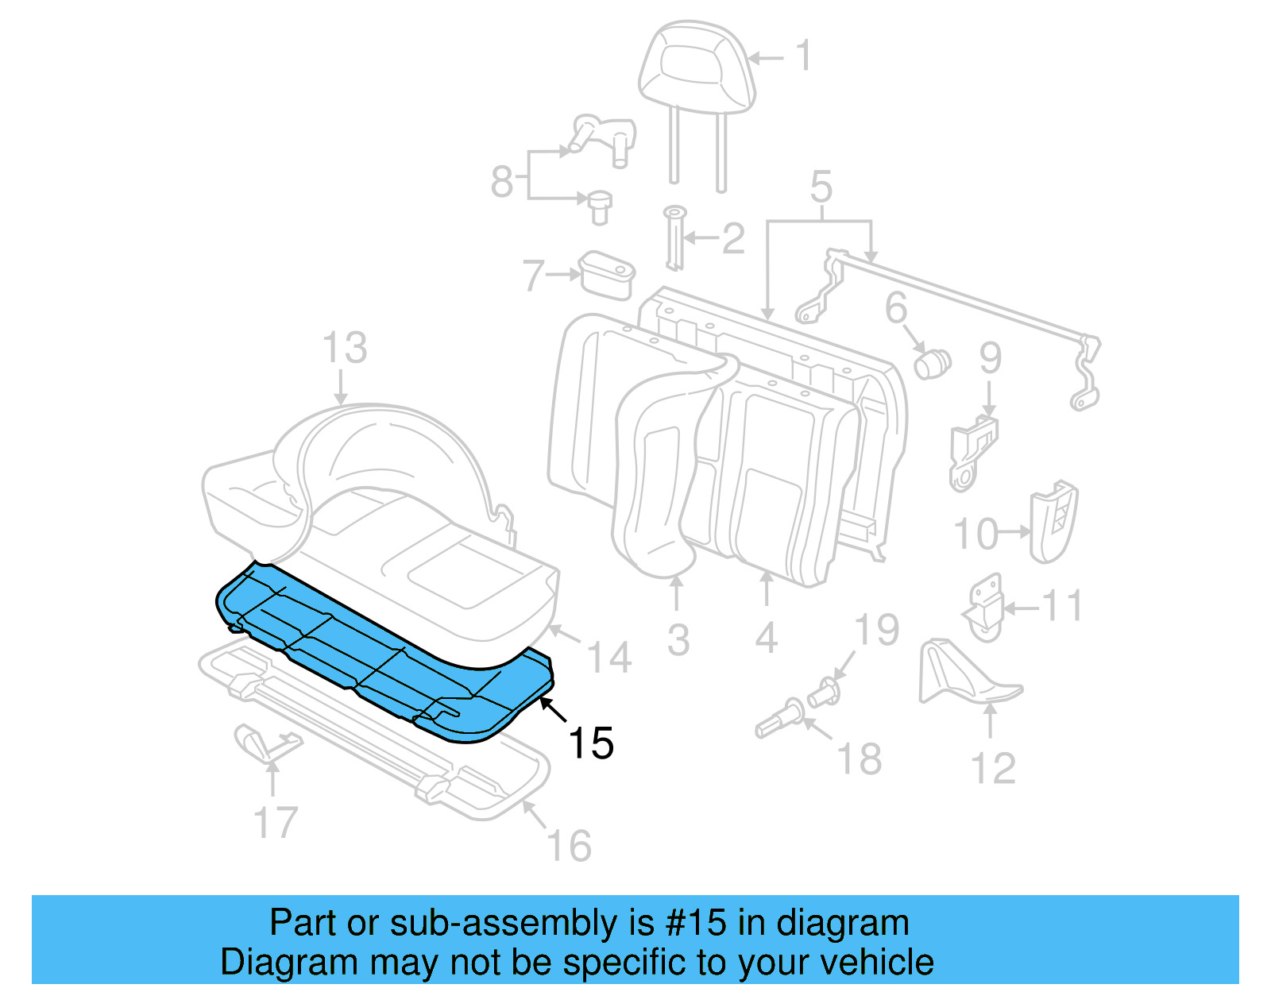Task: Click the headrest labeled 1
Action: click(x=697, y=68)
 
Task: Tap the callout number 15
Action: click(x=591, y=743)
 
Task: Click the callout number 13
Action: click(x=345, y=348)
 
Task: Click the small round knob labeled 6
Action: click(x=932, y=364)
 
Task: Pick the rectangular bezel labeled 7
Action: click(x=608, y=275)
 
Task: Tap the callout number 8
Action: click(x=502, y=181)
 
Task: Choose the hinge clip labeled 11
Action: click(x=985, y=608)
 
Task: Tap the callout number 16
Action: click(x=570, y=846)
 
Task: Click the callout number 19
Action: click(x=876, y=630)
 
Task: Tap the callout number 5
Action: click(x=821, y=186)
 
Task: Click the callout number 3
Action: click(x=678, y=640)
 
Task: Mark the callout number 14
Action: click(x=608, y=658)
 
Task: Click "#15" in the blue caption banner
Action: click(x=695, y=923)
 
